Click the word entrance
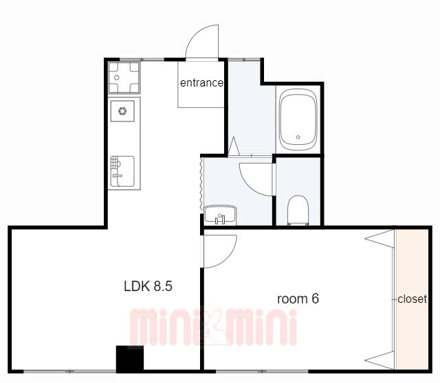click(x=201, y=83)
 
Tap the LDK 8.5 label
click(x=148, y=286)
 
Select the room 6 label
click(x=298, y=299)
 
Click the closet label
click(x=412, y=299)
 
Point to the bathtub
click(x=298, y=119)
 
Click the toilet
click(x=298, y=210)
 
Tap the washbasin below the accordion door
click(x=220, y=215)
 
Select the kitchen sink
click(x=122, y=171)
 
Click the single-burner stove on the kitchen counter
click(x=122, y=111)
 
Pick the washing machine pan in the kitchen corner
click(x=124, y=78)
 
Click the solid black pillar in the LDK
click(x=130, y=358)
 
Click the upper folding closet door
click(x=379, y=239)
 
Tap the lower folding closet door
click(x=379, y=360)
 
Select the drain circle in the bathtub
click(x=298, y=137)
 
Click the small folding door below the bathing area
click(x=233, y=146)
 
